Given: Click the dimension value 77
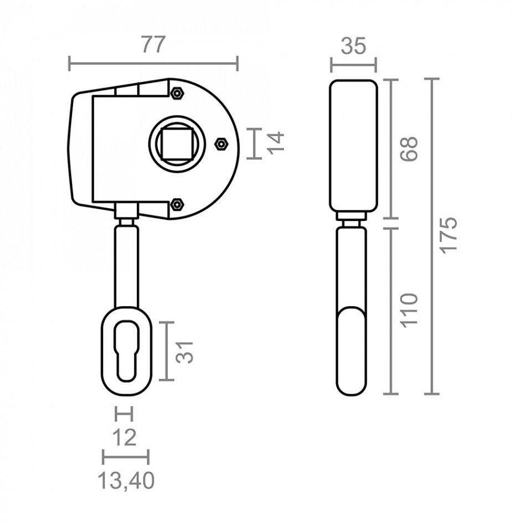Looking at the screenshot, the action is pos(153,44).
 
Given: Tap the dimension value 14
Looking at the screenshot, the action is pos(277,143).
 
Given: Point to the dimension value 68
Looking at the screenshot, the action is pos(409,149).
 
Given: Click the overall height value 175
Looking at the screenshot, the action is pos(448,235).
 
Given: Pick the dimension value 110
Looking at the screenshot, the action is pos(409,310).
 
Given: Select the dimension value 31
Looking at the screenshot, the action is pos(185,352).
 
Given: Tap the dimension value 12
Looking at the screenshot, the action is pos(125,438).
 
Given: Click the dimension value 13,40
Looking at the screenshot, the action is pos(126,481).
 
